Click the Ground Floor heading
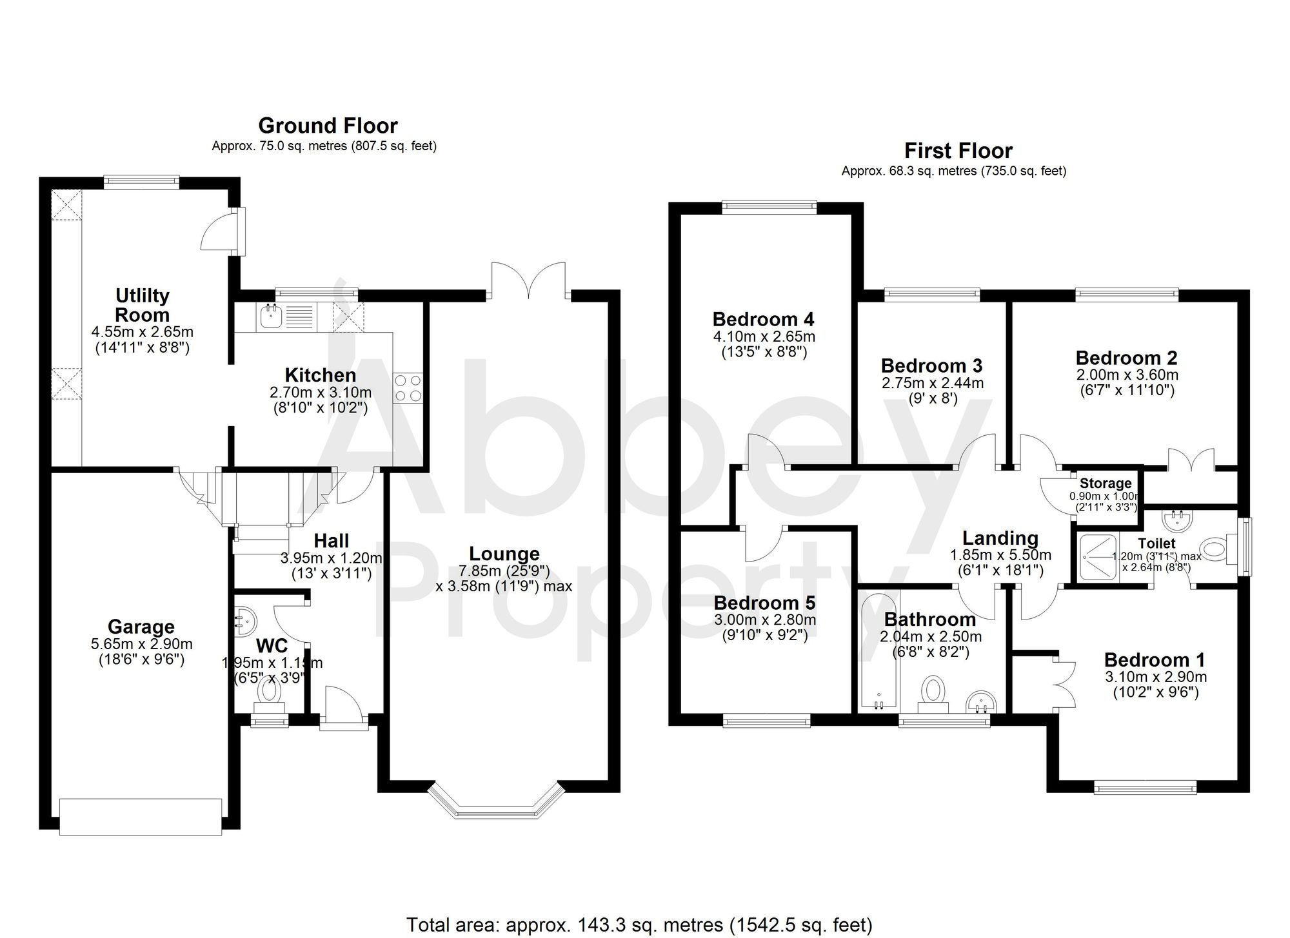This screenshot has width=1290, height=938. point(328,125)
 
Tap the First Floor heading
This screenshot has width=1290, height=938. point(958,151)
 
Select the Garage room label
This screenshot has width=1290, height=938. point(141,627)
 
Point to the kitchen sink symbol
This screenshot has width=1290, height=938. point(270,317)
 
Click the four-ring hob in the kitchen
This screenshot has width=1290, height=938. point(408,388)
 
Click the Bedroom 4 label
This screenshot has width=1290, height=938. point(763,319)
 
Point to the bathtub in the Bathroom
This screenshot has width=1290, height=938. point(877,651)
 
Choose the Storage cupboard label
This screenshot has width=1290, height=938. point(1106,484)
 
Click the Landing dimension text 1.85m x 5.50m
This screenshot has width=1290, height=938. point(1000,555)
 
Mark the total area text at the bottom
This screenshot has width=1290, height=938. point(639,924)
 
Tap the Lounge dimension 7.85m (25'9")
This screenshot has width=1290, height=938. point(504,571)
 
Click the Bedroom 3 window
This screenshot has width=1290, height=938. point(931,295)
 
